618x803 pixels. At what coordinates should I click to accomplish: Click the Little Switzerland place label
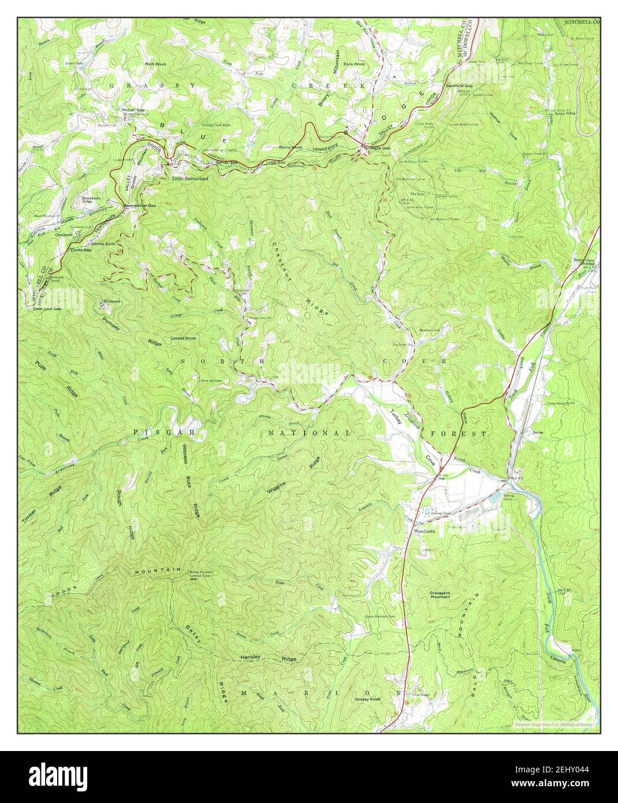pyautogui.click(x=190, y=179)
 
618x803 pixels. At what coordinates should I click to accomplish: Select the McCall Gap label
pyautogui.click(x=133, y=109)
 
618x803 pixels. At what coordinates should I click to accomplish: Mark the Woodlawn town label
pyautogui.click(x=424, y=530)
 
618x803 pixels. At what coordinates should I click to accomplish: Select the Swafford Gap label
pyautogui.click(x=459, y=85)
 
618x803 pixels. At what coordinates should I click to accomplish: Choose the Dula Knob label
pyautogui.click(x=353, y=64)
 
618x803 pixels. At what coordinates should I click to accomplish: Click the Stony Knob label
pyautogui.click(x=291, y=147)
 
